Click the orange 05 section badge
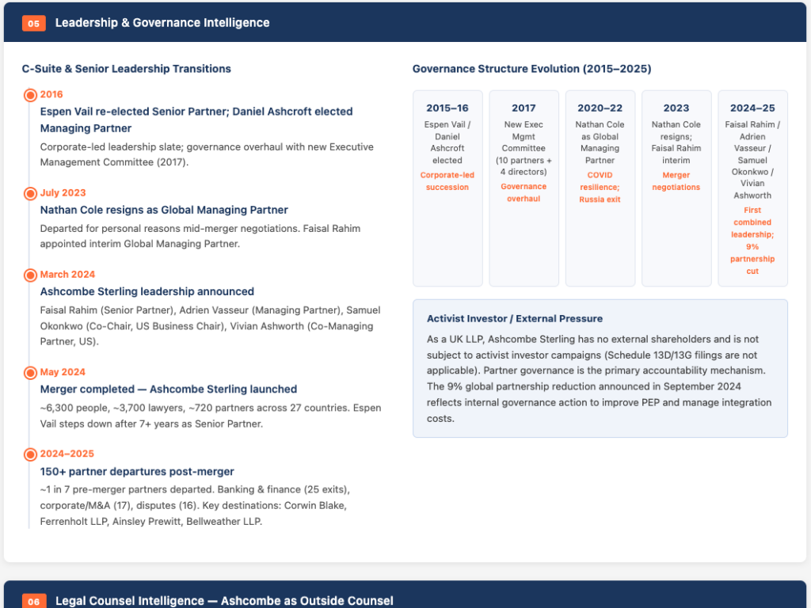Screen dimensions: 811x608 [33, 23]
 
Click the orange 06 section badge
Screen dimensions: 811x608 [33, 601]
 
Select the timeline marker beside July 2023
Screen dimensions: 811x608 [31, 193]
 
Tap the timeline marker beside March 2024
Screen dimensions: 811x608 [31, 275]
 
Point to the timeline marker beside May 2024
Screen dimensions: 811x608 [31, 373]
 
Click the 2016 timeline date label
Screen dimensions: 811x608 [51, 94]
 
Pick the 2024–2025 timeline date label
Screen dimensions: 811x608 [67, 454]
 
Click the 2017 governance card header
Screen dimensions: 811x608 [524, 108]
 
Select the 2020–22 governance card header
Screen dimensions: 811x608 [600, 108]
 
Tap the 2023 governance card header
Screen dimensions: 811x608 [676, 108]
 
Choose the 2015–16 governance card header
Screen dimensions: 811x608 [447, 108]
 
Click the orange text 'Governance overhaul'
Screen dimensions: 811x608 [524, 192]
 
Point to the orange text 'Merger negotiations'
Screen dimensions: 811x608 [676, 181]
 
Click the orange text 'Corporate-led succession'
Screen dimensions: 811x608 [447, 181]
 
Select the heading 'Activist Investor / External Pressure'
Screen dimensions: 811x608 [515, 318]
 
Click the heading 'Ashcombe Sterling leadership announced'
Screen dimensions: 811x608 [147, 291]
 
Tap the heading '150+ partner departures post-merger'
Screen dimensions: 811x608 [137, 472]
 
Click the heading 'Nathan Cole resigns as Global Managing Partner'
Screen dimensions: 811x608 [164, 210]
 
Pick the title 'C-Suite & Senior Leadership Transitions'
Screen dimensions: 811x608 [126, 69]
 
